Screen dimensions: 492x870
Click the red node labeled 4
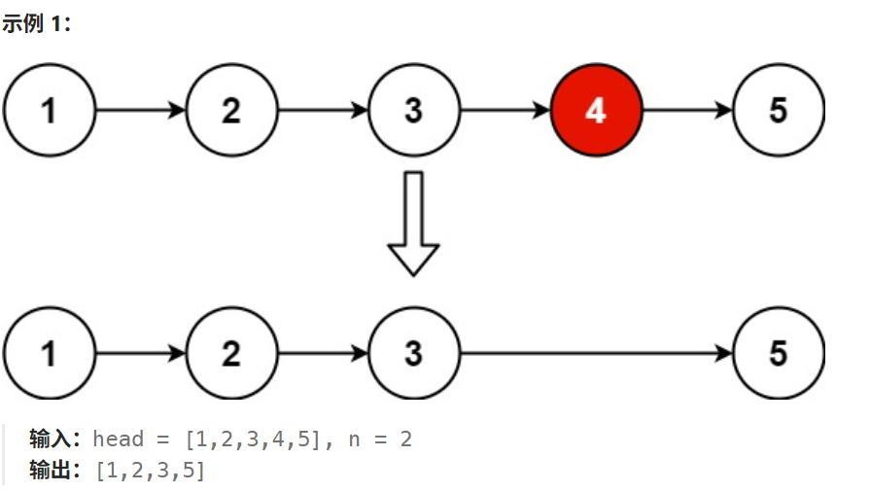(596, 111)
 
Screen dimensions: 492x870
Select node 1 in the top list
(50, 111)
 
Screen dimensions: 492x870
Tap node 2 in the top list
(230, 111)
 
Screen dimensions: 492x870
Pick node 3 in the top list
(413, 111)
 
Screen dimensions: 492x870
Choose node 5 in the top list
(778, 111)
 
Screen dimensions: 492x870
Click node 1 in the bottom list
(50, 353)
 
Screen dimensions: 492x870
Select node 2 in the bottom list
(230, 353)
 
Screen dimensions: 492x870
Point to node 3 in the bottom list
(413, 353)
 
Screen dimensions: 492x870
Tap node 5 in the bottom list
(778, 353)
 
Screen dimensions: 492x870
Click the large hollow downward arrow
(413, 224)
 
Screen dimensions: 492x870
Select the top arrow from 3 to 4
(505, 111)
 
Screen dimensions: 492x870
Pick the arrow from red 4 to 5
(686, 111)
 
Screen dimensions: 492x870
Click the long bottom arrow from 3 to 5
(595, 353)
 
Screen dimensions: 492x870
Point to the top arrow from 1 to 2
(140, 111)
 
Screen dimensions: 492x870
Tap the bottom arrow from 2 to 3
(322, 353)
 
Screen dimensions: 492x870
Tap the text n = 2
(380, 439)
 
